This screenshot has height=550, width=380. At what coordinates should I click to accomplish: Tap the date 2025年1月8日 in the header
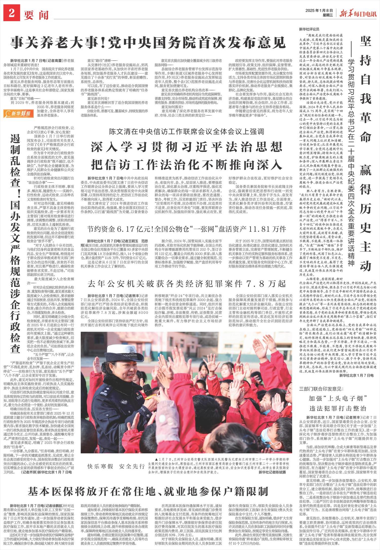click(319, 10)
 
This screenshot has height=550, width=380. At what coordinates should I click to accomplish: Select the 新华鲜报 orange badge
click(18, 113)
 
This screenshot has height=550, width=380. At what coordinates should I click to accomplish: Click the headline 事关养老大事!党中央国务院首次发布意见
click(148, 42)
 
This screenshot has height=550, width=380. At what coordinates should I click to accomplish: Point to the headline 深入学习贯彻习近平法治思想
click(187, 147)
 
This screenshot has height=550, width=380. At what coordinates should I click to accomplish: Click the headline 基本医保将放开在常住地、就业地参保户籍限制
click(148, 491)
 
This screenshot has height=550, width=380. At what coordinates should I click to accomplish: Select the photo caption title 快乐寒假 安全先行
click(116, 466)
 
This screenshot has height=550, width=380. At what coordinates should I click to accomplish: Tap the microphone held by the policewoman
click(147, 391)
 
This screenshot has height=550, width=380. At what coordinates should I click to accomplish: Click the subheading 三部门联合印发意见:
click(321, 389)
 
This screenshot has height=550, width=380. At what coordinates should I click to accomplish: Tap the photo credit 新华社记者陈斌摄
click(272, 472)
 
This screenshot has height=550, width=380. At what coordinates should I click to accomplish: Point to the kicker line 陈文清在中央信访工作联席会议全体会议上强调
click(187, 131)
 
